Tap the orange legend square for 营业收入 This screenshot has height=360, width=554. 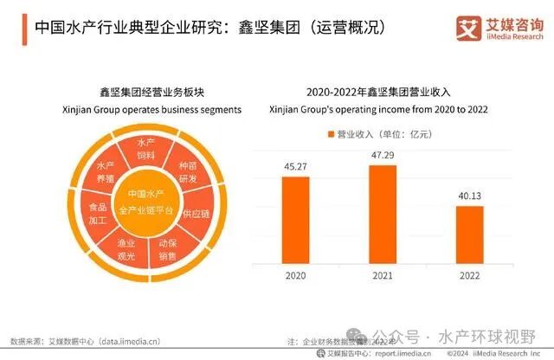(x=330, y=134)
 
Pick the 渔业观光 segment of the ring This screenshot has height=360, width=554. (x=126, y=251)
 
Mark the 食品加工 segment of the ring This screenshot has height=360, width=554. (x=99, y=214)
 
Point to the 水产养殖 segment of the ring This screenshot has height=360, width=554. (x=105, y=170)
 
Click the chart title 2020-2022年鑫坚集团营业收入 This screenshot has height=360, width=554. (x=379, y=92)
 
